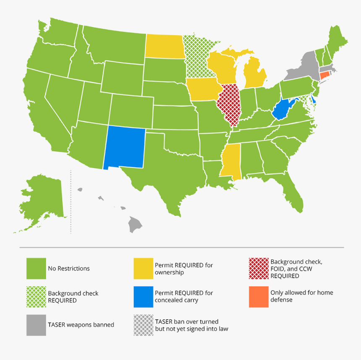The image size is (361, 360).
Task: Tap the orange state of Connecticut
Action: [324, 75]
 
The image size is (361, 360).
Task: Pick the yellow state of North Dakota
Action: [164, 46]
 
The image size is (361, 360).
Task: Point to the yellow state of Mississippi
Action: [229, 162]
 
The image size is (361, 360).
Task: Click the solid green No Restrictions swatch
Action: [36, 268]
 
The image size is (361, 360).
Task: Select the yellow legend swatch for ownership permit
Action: [143, 268]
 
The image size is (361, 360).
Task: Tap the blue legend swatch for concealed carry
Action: [143, 297]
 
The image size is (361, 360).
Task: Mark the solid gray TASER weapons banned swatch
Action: [36, 325]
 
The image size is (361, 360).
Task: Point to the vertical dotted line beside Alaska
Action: [71, 202]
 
